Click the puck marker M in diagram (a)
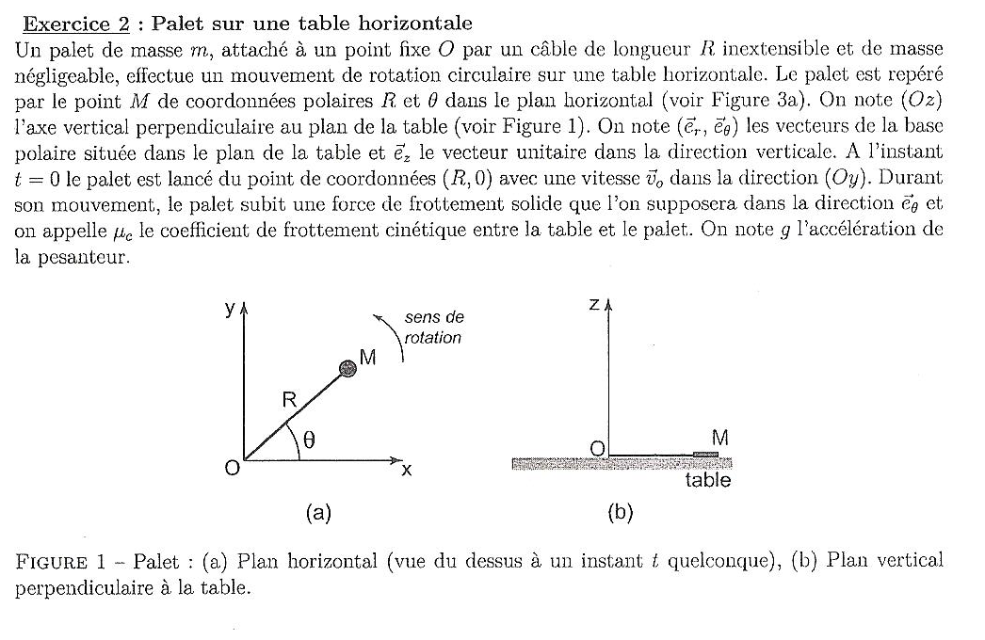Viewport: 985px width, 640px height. point(348,369)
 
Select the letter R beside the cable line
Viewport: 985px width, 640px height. point(290,400)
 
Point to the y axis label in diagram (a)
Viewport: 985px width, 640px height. point(229,308)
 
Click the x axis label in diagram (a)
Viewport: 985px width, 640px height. point(407,470)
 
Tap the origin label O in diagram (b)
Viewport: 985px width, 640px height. point(597,448)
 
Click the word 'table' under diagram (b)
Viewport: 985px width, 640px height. point(707,481)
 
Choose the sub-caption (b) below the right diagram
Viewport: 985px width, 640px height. point(621,513)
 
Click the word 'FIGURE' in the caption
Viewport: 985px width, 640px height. point(52,563)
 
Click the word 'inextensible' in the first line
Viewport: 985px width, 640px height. point(804,47)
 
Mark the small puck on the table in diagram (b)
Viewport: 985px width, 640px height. point(705,455)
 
